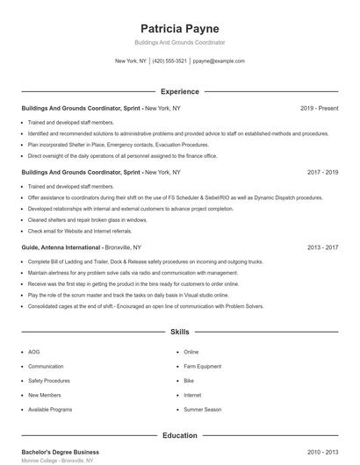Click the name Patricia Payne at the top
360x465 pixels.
coord(180,28)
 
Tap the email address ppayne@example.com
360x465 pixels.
coord(219,61)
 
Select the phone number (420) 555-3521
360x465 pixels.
coord(169,61)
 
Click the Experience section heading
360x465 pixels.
coord(180,91)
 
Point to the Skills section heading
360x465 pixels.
coord(180,333)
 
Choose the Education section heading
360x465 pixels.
coord(180,435)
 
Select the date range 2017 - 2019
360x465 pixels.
coord(322,173)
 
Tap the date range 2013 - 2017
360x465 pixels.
coord(322,248)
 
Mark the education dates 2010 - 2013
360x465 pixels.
coord(322,451)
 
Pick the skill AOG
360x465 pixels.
coord(34,352)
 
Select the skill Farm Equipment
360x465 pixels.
coord(203,366)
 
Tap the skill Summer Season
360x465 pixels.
coord(203,410)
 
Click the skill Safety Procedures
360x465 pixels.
coord(49,381)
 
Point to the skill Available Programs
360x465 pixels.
coord(50,410)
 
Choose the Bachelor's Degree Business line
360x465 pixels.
coord(61,451)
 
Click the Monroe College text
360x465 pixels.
coord(40,461)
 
